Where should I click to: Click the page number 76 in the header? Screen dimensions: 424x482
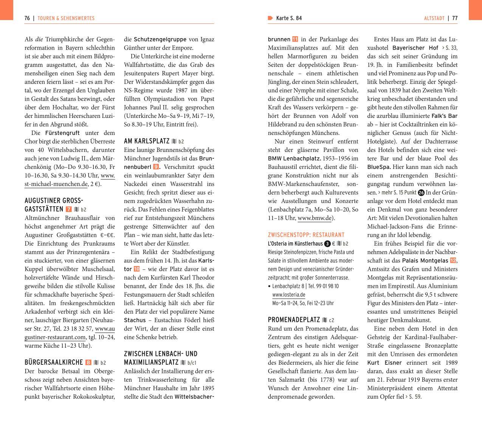[x=27, y=18]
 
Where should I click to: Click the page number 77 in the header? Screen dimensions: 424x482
[x=455, y=18]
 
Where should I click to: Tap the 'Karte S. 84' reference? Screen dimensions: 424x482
[x=289, y=18]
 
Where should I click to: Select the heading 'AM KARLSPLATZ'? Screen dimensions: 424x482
[x=147, y=141]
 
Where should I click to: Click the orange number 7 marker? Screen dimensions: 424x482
[x=68, y=209]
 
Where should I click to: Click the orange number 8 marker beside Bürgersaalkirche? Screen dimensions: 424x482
[x=88, y=362]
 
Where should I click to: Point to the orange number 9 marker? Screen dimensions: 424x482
[x=156, y=167]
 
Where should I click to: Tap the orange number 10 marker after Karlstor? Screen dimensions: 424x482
[x=136, y=269]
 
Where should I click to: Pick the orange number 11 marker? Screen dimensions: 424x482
[x=295, y=39]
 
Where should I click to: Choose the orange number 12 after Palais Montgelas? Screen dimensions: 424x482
[x=453, y=260]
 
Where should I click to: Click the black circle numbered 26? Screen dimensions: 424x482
[x=421, y=192]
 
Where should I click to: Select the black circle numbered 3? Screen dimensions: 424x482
[x=327, y=244]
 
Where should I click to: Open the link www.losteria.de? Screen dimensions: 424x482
[x=288, y=295]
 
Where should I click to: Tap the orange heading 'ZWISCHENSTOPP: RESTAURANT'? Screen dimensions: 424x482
[x=306, y=235]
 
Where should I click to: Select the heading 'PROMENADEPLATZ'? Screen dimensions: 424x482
[x=294, y=320]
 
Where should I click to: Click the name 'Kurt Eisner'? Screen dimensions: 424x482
[x=384, y=363]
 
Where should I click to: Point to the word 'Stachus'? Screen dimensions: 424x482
[x=135, y=320]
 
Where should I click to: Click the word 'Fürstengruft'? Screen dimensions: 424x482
[x=62, y=133]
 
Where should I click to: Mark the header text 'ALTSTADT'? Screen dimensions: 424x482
[x=434, y=18]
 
